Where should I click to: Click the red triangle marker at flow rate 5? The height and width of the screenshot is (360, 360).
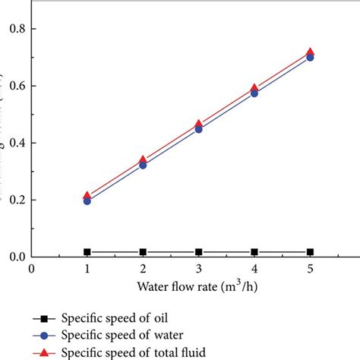point(310,52)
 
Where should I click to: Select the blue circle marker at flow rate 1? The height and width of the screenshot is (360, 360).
point(87,201)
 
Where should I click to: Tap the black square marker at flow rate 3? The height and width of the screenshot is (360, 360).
point(199,251)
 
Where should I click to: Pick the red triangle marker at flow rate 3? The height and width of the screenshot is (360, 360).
point(199,124)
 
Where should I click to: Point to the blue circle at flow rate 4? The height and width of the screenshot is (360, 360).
point(254,93)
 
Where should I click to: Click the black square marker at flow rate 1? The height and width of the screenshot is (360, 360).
point(87,251)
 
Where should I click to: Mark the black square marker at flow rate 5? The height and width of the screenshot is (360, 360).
point(310,251)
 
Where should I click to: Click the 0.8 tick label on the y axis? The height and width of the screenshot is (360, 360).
point(14,29)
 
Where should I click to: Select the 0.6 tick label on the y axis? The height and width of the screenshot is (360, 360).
point(14,86)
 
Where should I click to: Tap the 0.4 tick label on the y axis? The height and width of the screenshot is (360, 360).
point(14,143)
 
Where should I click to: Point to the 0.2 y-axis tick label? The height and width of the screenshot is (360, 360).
point(14,200)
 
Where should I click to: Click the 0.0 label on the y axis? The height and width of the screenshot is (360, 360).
point(14,257)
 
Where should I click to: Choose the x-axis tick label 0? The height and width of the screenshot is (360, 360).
point(32,269)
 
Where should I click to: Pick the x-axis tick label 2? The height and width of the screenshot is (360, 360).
point(143,269)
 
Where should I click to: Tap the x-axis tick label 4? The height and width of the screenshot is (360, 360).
point(254,269)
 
